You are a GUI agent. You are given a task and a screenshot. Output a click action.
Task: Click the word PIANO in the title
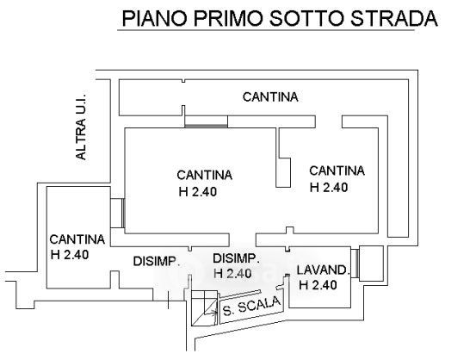pos(154,18)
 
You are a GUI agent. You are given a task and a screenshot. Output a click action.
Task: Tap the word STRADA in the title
pos(393,18)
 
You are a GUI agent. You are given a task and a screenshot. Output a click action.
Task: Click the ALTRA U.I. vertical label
pos(81,125)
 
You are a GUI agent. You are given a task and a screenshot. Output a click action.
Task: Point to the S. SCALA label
pos(251,306)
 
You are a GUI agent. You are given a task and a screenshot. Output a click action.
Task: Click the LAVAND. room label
pos(322,270)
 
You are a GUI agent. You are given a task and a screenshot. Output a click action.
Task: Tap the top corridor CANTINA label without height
pos(270,97)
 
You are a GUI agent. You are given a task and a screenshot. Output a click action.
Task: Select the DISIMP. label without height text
pos(157,261)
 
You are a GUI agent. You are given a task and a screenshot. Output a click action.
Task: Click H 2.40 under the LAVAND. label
pos(318,285)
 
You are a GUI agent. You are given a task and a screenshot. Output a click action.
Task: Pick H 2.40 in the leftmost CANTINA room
pos(70,254)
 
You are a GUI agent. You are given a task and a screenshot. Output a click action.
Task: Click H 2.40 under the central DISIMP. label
pos(232,273)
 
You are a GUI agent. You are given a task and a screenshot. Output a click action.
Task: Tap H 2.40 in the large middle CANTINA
pos(198,192)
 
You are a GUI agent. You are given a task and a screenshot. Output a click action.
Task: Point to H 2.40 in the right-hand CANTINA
pos(329,187)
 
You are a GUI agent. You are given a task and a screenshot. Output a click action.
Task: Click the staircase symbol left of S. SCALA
pos(204,308)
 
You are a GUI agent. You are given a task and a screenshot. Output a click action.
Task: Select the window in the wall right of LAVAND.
pos(355,263)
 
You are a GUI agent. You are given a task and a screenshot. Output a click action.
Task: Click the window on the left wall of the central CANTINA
pos(122,213)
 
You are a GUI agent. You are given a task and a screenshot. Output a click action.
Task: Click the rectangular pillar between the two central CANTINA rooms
pos(283,172)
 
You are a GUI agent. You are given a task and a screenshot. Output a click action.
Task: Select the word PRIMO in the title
pos(228,18)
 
